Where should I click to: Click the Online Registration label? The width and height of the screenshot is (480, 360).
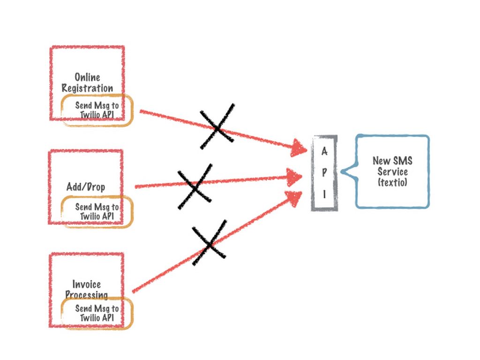87,82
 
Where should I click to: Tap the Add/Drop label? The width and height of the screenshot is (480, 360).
86,187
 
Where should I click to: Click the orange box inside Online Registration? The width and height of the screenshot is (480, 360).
97,111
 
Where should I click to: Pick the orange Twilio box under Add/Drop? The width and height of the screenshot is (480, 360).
97,212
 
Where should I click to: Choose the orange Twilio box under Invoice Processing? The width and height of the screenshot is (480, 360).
97,314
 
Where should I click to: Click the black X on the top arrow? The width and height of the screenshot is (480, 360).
217,127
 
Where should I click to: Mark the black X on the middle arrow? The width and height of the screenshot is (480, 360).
195,187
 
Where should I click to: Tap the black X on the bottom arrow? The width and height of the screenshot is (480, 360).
209,243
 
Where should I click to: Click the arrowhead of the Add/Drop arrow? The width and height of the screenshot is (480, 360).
295,177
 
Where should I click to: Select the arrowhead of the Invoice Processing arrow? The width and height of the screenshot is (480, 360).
294,198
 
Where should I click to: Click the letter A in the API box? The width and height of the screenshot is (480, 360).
324,151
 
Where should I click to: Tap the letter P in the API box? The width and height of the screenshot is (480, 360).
324,172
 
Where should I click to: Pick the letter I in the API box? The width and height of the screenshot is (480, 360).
324,193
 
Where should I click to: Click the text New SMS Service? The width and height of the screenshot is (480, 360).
393,166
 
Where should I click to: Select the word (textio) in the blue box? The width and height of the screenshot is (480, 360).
393,182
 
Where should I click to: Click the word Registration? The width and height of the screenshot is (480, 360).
87,88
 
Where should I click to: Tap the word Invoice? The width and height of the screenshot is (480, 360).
86,284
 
